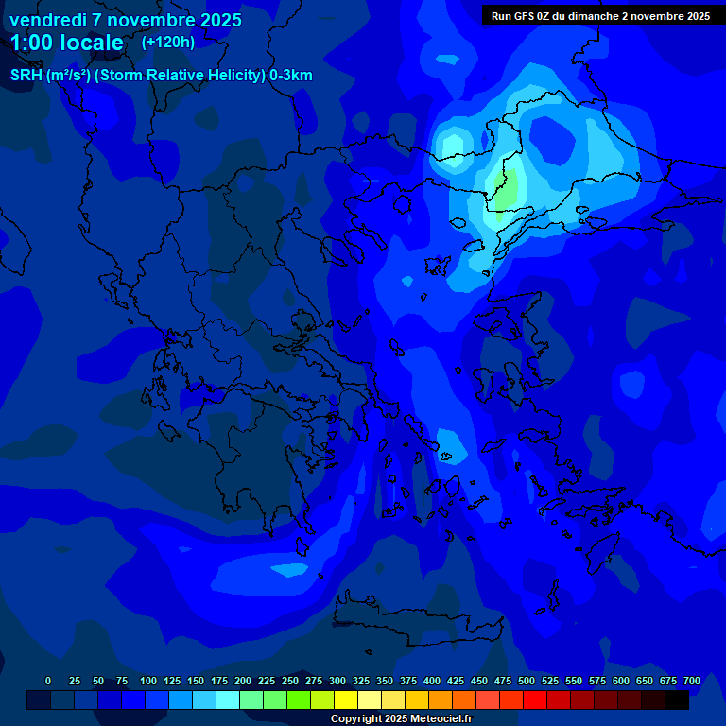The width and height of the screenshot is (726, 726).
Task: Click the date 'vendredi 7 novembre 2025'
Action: [126, 20]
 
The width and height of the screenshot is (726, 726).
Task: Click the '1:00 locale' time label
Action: [67, 43]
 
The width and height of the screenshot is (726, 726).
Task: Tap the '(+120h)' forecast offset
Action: [168, 43]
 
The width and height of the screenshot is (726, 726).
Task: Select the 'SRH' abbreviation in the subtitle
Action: [26, 76]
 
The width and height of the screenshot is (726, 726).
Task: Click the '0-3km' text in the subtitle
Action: [291, 76]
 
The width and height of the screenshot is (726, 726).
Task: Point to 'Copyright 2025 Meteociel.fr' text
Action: [401, 718]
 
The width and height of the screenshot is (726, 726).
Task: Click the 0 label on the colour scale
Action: [48, 681]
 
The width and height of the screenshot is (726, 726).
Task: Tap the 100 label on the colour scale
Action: [148, 681]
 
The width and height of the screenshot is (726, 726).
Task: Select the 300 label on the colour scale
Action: [337, 681]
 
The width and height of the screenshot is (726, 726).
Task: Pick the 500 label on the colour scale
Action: [527, 681]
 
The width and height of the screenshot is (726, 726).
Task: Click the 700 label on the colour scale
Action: [692, 681]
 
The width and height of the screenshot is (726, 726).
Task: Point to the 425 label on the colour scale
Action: [456, 681]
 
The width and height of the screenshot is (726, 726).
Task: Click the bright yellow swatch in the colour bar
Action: [346, 700]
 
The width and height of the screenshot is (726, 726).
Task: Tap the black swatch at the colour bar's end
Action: [677, 700]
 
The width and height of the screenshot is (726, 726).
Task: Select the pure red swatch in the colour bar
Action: [535, 700]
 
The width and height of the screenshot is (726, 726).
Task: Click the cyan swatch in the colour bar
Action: [228, 700]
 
